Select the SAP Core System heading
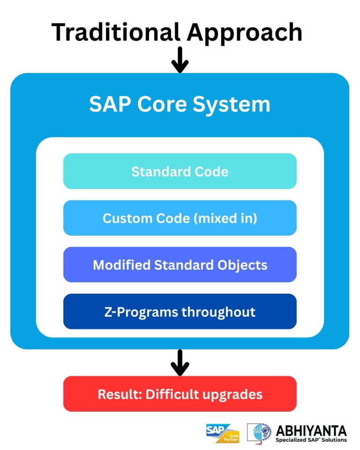(x=180, y=105)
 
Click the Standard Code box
(x=180, y=171)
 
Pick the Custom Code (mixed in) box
(x=180, y=218)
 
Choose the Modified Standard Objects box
(x=180, y=265)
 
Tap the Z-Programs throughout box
(x=180, y=312)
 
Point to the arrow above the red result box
(x=180, y=362)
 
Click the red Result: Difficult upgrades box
(x=180, y=394)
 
